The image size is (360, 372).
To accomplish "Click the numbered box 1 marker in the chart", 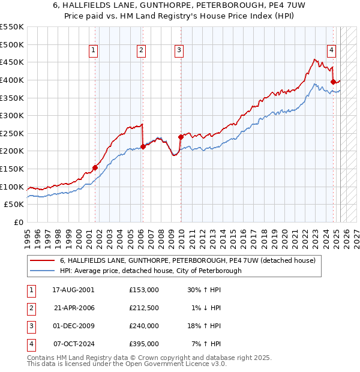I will click(x=94, y=51).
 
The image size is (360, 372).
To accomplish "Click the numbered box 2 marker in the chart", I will click(x=141, y=51).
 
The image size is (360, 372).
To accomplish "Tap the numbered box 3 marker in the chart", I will click(x=179, y=51).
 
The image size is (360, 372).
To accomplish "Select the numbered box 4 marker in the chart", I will click(x=331, y=51).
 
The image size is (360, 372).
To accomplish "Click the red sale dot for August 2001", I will click(x=95, y=167).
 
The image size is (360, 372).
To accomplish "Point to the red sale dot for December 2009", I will click(x=181, y=137).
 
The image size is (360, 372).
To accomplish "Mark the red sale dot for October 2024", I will click(x=333, y=82).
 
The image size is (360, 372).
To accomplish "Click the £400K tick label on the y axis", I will click(x=12, y=80).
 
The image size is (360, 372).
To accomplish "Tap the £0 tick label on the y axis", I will click(x=18, y=222).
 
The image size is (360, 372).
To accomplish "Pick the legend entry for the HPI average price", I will click(x=150, y=271).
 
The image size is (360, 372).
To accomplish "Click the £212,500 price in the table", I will click(x=144, y=308).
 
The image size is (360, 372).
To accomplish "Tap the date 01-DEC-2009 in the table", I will click(x=74, y=326).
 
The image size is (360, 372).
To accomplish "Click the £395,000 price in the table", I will click(x=144, y=344).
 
